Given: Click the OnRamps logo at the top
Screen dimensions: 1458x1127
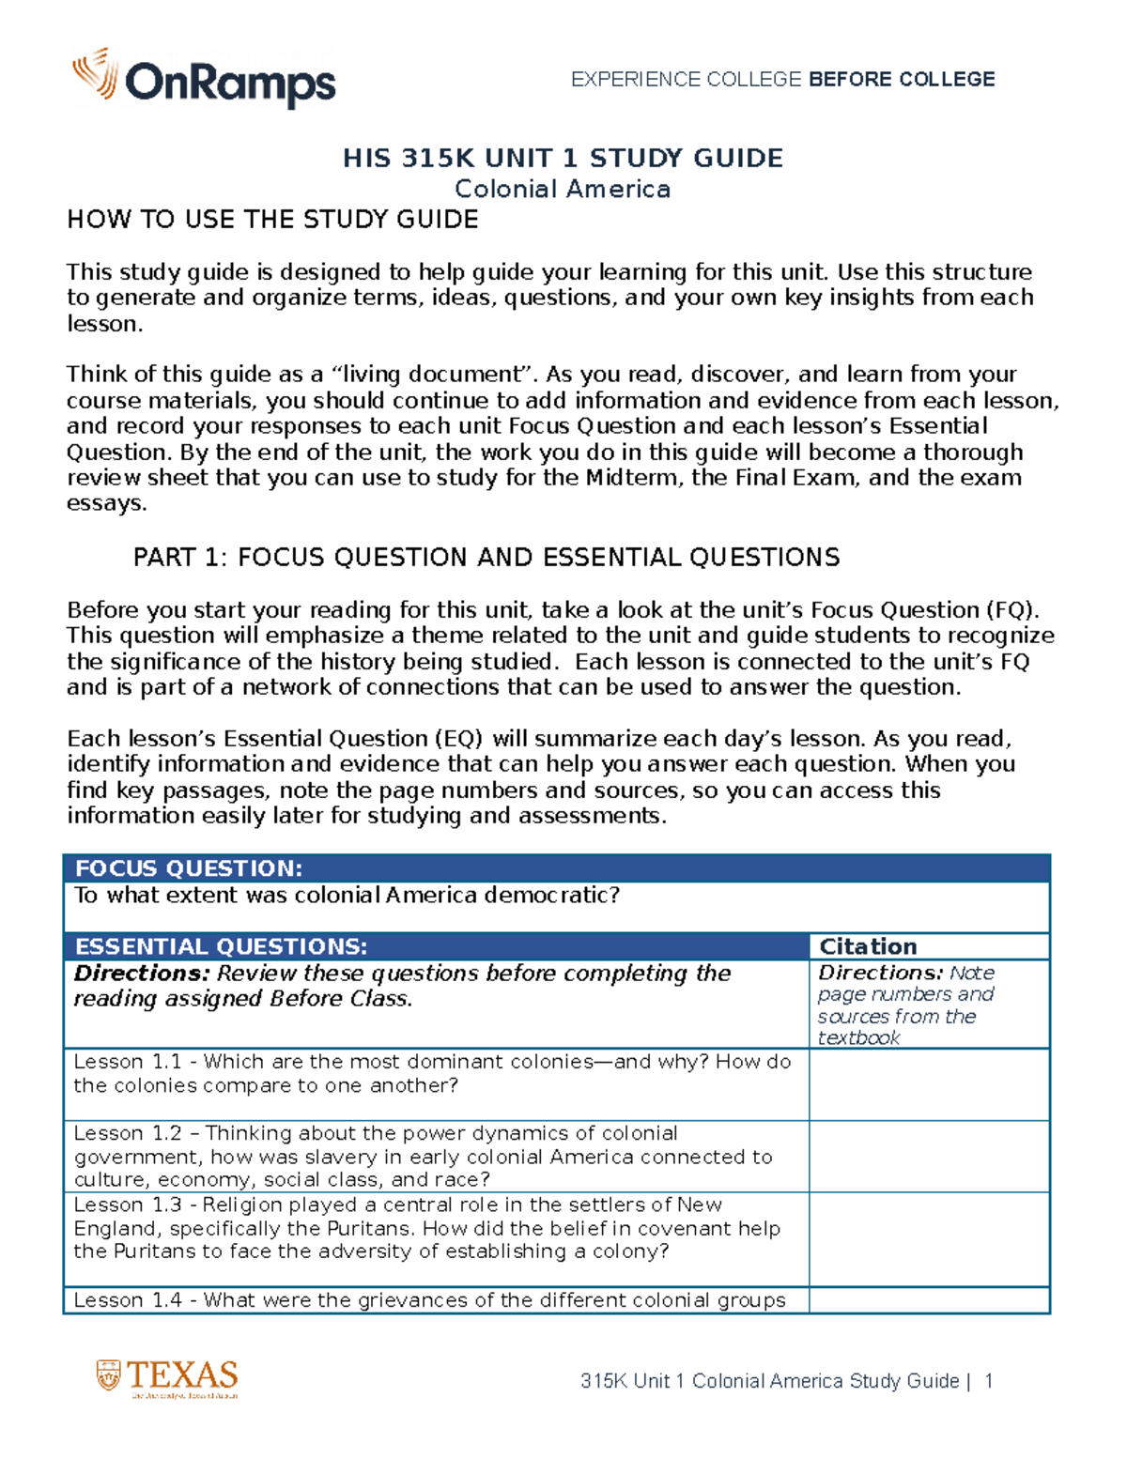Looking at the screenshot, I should pyautogui.click(x=204, y=79).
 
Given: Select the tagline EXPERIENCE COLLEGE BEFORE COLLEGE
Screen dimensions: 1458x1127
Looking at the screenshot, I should pyautogui.click(x=782, y=79).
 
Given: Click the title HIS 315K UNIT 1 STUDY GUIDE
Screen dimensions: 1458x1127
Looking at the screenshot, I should pyautogui.click(x=563, y=158).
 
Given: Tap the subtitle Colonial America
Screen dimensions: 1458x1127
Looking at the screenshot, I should pyautogui.click(x=563, y=189).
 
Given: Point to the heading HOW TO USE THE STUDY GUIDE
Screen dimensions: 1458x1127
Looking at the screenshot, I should pyautogui.click(x=272, y=220).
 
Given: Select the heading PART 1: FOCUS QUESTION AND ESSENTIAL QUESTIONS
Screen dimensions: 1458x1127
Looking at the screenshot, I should pyautogui.click(x=486, y=558).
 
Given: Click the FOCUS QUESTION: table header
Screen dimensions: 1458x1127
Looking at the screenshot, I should pyautogui.click(x=188, y=868).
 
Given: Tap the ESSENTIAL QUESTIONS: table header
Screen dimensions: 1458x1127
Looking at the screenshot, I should pyautogui.click(x=221, y=946).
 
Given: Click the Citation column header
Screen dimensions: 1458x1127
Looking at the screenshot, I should pyautogui.click(x=868, y=946).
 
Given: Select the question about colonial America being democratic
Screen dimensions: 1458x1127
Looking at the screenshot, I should pyautogui.click(x=347, y=896).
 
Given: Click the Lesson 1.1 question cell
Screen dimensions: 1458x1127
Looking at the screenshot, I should pyautogui.click(x=432, y=1074).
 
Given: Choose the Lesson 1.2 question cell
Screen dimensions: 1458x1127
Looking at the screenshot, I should pyautogui.click(x=423, y=1157).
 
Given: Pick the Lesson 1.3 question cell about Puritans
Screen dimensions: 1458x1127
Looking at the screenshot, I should pyautogui.click(x=427, y=1228).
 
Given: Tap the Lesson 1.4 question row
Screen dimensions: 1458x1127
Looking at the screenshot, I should pyautogui.click(x=429, y=1300).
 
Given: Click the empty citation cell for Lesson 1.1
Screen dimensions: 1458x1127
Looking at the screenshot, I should pyautogui.click(x=929, y=1084).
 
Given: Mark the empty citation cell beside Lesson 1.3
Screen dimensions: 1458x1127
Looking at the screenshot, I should pyautogui.click(x=929, y=1239).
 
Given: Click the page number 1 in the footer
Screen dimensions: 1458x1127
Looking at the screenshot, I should pyautogui.click(x=988, y=1381).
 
